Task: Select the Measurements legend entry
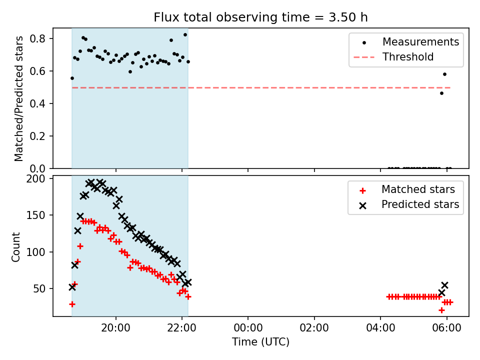tap(409, 42)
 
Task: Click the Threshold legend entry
tap(393, 57)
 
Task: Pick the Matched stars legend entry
tap(406, 189)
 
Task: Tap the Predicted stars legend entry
tap(409, 204)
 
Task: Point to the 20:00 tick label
tap(115, 328)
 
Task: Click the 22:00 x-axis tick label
tap(182, 328)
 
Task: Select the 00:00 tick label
tap(248, 328)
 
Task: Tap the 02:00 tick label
tap(314, 328)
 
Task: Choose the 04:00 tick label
tap(380, 328)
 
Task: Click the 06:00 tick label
tap(446, 328)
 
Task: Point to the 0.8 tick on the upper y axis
tap(37, 38)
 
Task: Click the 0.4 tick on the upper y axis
tap(37, 103)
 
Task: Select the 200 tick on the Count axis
tap(35, 178)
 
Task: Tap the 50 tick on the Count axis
tap(39, 288)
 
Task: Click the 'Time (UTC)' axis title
tap(261, 341)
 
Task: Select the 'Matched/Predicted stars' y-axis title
tap(18, 98)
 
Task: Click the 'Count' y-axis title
tap(15, 247)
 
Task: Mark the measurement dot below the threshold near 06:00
tap(441, 93)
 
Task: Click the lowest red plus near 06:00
tap(441, 310)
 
